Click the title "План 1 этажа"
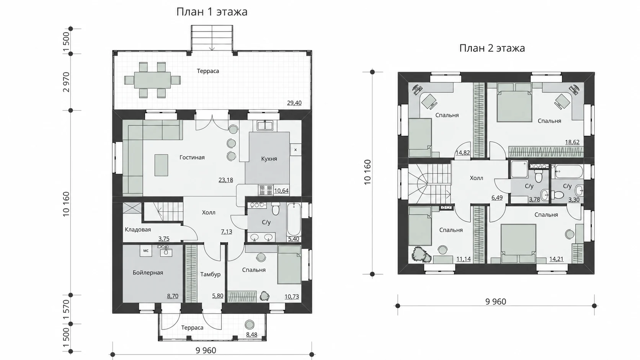pyautogui.click(x=212, y=12)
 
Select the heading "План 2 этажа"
pyautogui.click(x=492, y=48)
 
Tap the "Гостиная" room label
pyautogui.click(x=192, y=157)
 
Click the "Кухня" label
pyautogui.click(x=269, y=159)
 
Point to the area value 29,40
pyautogui.click(x=294, y=103)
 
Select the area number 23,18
pyautogui.click(x=226, y=180)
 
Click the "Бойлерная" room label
pyautogui.click(x=148, y=273)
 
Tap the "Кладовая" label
pyautogui.click(x=138, y=230)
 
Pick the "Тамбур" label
pyautogui.click(x=210, y=274)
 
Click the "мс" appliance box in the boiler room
pyautogui.click(x=146, y=251)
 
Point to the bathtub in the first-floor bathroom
pyautogui.click(x=294, y=219)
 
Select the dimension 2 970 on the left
pyautogui.click(x=66, y=82)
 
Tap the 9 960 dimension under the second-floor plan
pyautogui.click(x=496, y=302)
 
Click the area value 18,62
pyautogui.click(x=572, y=142)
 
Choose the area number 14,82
pyautogui.click(x=462, y=153)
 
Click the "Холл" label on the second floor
pyautogui.click(x=477, y=178)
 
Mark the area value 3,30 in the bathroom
pyautogui.click(x=574, y=200)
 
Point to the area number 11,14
pyautogui.click(x=464, y=259)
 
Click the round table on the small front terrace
pyautogui.click(x=250, y=324)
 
